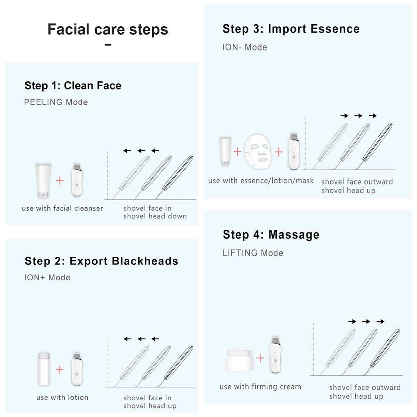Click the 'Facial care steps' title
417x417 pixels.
tap(108, 30)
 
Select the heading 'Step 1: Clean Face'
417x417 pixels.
tap(73, 86)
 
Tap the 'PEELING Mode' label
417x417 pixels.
tap(56, 102)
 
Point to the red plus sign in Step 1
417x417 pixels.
tap(60, 181)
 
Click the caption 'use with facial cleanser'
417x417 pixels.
tap(62, 208)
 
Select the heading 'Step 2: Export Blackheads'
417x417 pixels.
tap(101, 261)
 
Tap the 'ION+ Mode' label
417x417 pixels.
tap(47, 278)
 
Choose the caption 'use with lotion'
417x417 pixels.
tap(62, 397)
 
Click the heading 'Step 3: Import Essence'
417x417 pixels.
tap(291, 29)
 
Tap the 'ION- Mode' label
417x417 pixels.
tap(244, 47)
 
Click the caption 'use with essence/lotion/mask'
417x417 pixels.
tap(261, 181)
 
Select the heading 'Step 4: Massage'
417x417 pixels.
tap(271, 235)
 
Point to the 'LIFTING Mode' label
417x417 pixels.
tap(253, 253)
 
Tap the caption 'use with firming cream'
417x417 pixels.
tap(260, 387)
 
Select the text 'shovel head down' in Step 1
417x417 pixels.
tap(155, 216)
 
